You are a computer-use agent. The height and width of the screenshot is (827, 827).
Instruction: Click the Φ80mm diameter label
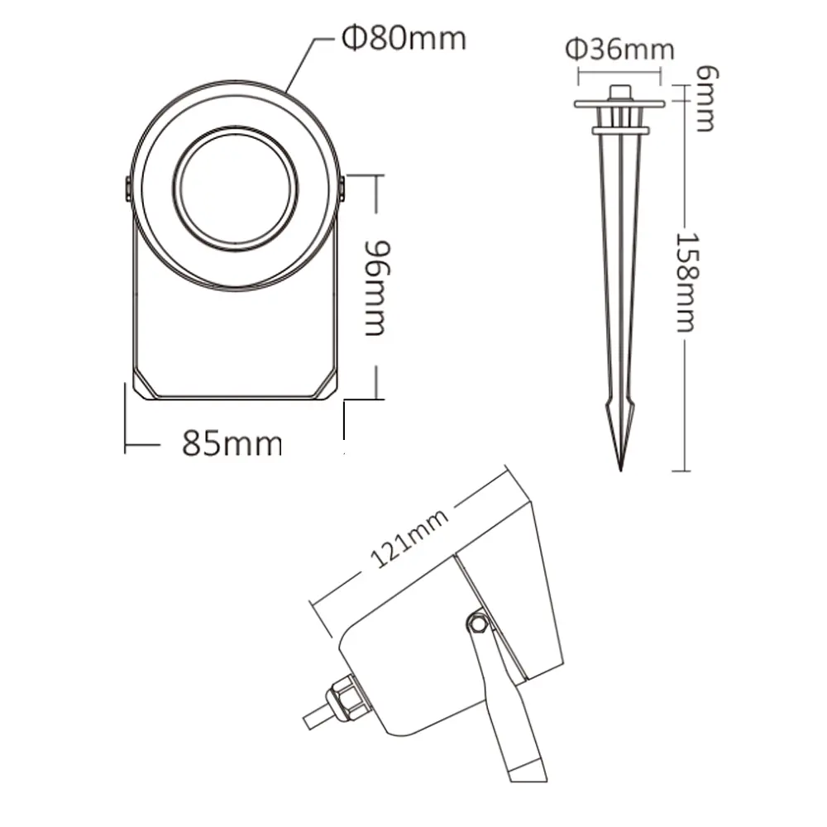pyautogui.click(x=404, y=39)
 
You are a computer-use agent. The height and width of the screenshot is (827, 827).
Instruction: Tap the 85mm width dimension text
pyautogui.click(x=232, y=443)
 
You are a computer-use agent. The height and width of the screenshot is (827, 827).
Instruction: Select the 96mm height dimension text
pyautogui.click(x=378, y=288)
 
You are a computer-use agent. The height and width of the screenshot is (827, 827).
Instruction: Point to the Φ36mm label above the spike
pyautogui.click(x=619, y=50)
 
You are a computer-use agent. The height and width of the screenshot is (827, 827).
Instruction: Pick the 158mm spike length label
pyautogui.click(x=687, y=282)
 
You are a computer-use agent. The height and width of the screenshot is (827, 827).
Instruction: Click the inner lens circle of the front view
pyautogui.click(x=235, y=188)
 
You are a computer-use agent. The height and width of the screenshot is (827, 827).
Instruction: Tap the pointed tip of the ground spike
pyautogui.click(x=620, y=471)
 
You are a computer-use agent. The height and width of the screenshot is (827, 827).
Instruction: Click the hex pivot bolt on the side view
pyautogui.click(x=478, y=624)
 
